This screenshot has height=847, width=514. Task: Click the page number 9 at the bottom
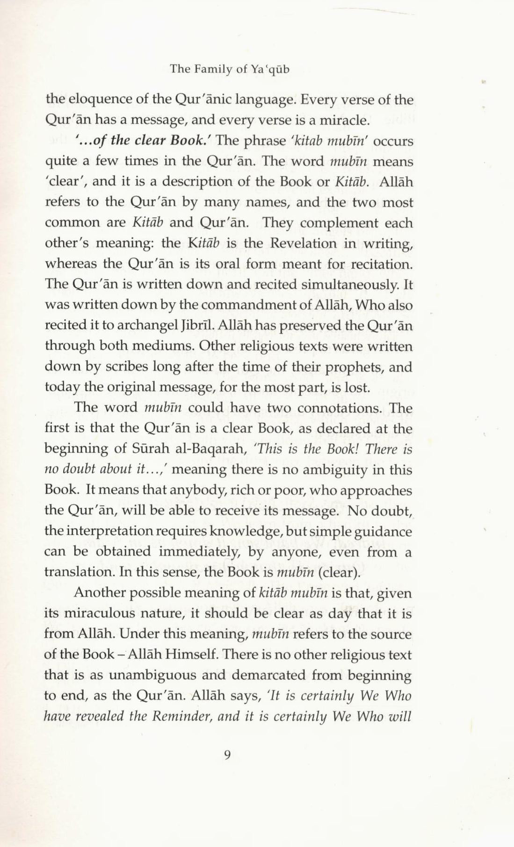tap(227, 755)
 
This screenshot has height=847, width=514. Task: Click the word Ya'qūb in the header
tap(269, 69)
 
